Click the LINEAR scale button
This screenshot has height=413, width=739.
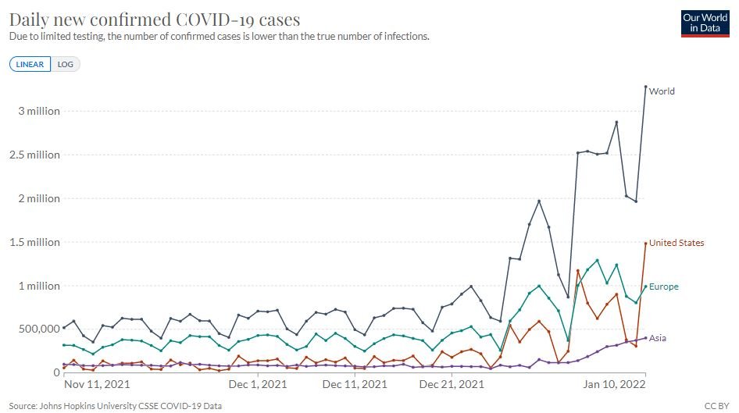(30, 64)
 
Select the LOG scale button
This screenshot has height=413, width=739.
(66, 64)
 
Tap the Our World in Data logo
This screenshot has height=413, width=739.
(705, 23)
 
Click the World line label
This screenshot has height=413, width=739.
(662, 91)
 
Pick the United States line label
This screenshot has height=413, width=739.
(677, 243)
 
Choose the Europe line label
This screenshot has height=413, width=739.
(663, 287)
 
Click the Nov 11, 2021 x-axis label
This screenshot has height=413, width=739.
(96, 385)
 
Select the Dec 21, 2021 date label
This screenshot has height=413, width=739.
(452, 385)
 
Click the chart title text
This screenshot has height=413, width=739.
(154, 19)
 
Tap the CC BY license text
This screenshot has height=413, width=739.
(717, 405)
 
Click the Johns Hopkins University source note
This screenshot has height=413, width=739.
(116, 405)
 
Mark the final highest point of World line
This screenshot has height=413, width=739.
(646, 87)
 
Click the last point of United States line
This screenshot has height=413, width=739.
(646, 243)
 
